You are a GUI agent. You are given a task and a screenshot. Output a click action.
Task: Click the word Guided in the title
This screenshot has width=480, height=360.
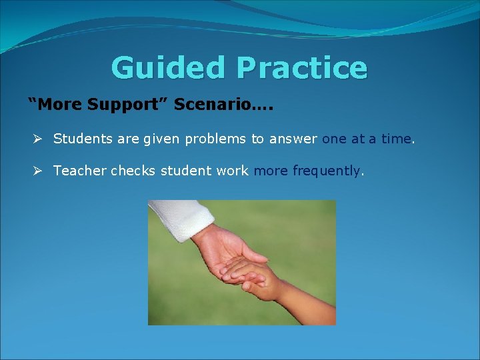[169, 68]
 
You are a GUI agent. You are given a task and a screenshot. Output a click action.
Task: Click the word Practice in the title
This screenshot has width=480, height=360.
[301, 68]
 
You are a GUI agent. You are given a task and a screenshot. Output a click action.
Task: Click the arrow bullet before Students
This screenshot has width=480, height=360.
[39, 139]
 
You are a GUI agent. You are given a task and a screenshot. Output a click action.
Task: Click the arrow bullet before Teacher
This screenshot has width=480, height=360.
[39, 171]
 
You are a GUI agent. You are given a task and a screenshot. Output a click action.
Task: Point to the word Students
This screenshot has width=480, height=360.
[80, 139]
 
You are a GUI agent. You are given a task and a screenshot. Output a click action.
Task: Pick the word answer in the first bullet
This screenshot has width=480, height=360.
[293, 139]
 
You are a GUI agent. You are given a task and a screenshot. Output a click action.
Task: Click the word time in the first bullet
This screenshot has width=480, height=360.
[397, 139]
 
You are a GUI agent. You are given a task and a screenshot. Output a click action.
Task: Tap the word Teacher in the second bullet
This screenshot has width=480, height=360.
[79, 171]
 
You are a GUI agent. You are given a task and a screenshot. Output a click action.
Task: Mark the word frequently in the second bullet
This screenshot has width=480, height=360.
[326, 171]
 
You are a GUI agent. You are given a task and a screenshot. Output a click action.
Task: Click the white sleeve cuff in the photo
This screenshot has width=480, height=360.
[172, 221]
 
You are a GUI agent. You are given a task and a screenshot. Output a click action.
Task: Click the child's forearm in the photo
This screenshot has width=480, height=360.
[307, 300]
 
